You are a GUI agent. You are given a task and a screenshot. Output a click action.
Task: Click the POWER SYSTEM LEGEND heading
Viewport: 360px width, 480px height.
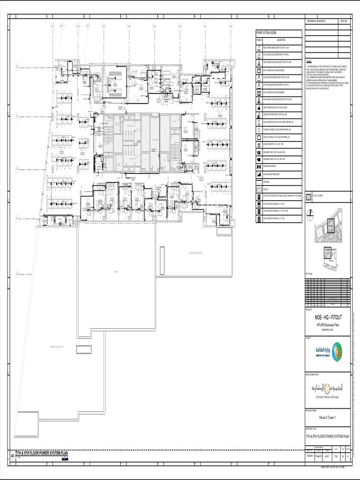pos(266,33)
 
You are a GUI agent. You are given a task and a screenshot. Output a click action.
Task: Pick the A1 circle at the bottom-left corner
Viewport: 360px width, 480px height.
pos(13,456)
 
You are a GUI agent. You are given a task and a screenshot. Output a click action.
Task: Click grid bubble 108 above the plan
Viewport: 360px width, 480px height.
pos(231,26)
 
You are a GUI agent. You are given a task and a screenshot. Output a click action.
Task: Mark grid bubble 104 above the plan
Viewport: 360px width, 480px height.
pos(128,26)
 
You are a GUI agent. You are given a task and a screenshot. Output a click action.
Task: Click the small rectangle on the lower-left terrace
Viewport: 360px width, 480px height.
pos(83,349)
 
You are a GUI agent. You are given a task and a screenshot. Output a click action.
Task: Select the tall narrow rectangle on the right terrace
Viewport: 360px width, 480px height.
pos(162,260)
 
